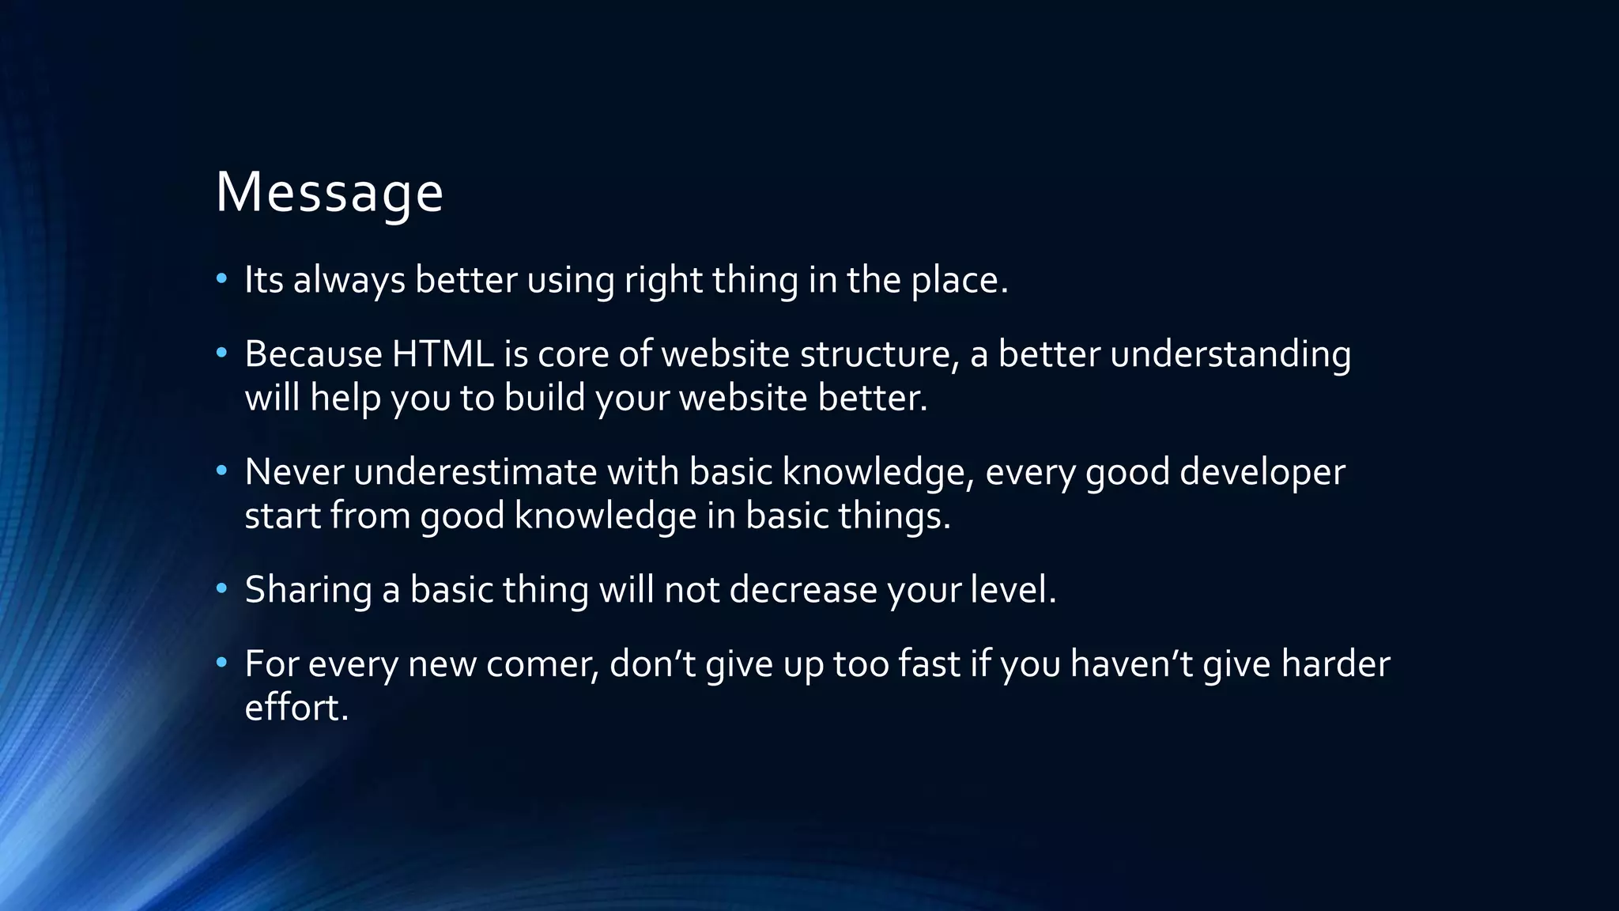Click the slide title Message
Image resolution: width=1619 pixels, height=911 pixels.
[329, 193]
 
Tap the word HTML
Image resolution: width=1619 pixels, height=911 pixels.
[443, 354]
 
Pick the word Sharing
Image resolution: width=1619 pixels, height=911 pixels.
[308, 590]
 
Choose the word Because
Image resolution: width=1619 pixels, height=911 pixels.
[313, 354]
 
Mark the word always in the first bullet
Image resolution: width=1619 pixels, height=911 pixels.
[349, 280]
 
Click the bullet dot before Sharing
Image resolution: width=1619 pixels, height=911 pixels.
[222, 588]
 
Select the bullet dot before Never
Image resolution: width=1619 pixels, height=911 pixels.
[222, 471]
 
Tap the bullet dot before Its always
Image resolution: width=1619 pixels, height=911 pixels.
[222, 278]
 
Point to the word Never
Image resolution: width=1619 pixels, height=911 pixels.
[294, 473]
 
